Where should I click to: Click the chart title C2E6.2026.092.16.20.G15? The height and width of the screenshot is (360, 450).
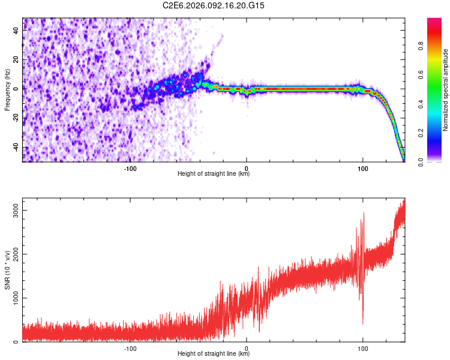point(214,5)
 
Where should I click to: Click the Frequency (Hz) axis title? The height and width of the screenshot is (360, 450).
point(7,89)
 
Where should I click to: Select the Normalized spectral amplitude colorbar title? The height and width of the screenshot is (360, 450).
point(446,89)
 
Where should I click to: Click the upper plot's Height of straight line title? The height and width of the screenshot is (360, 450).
point(214,174)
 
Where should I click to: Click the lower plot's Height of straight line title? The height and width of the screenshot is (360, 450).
point(214,354)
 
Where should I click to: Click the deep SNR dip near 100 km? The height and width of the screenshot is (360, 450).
point(362,324)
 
